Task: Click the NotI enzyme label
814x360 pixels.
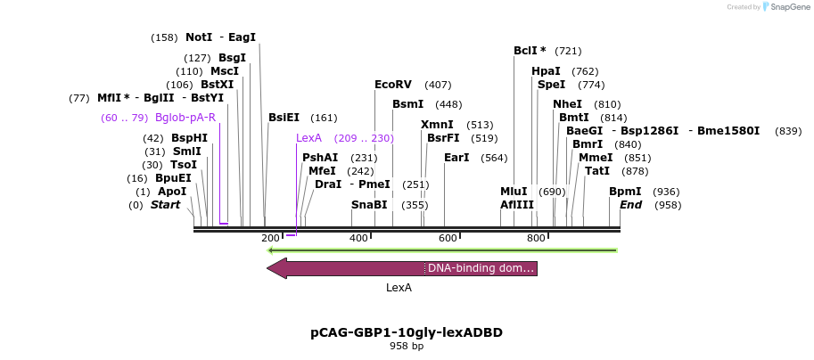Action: [199, 37]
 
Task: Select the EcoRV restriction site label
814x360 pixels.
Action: [393, 85]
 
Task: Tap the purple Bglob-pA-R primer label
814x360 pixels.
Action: [185, 118]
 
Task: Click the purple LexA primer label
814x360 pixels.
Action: [308, 138]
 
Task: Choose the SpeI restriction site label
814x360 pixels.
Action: [551, 85]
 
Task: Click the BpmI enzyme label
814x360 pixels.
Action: [625, 192]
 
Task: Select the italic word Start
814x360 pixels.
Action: [165, 205]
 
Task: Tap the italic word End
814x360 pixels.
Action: [631, 205]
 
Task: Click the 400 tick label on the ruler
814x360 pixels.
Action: [358, 238]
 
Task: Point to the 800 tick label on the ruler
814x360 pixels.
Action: [536, 238]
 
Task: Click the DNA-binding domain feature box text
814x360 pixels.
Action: [481, 268]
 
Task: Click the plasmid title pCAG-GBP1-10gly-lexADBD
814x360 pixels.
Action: [407, 332]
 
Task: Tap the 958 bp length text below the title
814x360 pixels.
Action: [407, 346]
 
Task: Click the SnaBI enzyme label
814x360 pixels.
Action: [369, 205]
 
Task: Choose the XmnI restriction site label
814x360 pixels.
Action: [437, 125]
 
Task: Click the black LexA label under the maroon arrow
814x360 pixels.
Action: [399, 288]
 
